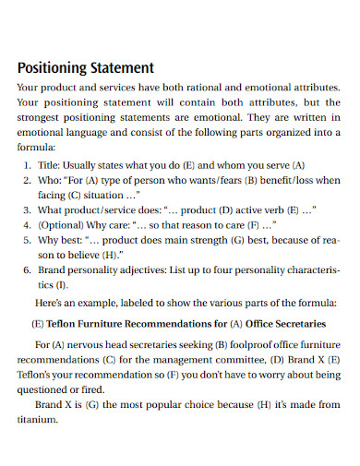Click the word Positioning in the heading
point(51,67)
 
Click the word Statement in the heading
point(119,67)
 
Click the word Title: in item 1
point(52,165)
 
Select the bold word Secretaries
point(294,324)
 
